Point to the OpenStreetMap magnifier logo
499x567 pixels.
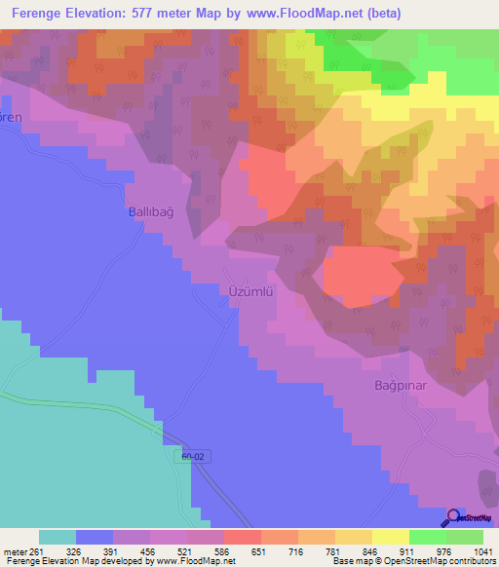(x=453, y=518)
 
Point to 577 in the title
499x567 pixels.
(x=162, y=14)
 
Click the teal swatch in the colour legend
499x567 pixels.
(x=58, y=537)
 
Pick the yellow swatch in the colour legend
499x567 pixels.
(x=390, y=537)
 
